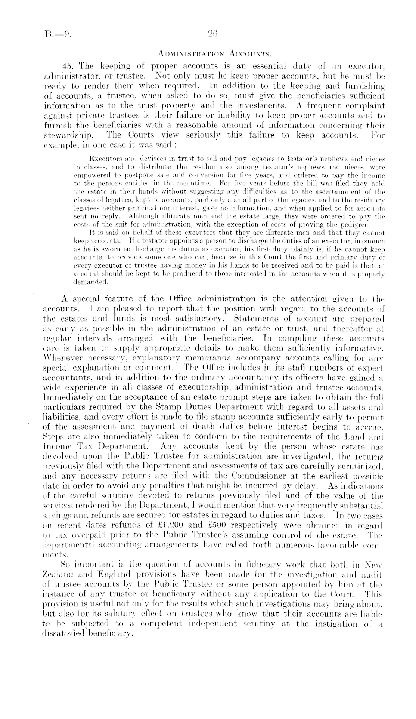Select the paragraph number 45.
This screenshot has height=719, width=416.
coord(68,67)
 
